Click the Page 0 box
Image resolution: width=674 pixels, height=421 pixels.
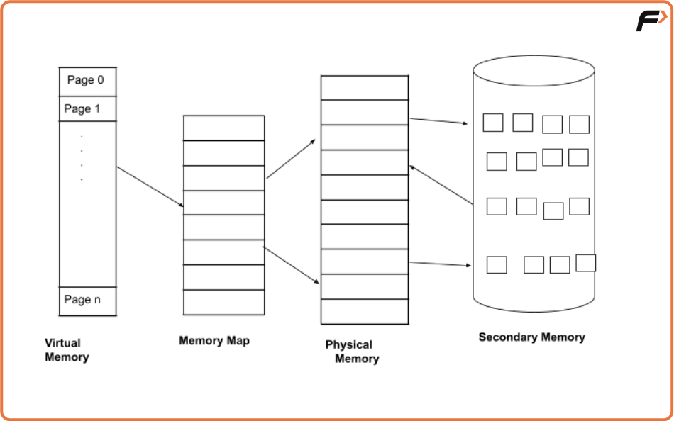tap(87, 81)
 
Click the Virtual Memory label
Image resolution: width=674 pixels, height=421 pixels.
tap(67, 350)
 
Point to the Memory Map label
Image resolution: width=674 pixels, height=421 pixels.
tap(214, 341)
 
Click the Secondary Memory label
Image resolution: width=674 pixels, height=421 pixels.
tap(531, 337)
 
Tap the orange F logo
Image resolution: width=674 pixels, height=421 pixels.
tap(651, 21)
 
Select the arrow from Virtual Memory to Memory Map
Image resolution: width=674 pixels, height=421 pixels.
tap(150, 187)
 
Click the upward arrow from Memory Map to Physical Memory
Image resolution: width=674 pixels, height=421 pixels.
tap(291, 159)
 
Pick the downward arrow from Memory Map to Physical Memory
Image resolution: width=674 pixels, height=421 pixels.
tap(291, 266)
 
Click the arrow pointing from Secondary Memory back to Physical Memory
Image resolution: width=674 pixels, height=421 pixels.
tap(441, 185)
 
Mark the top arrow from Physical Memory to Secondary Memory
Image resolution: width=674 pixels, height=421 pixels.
tap(439, 121)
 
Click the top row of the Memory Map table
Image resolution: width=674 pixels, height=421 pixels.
tap(223, 128)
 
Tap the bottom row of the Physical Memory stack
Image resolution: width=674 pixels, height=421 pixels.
tap(365, 311)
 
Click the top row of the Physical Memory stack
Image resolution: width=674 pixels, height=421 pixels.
tap(365, 88)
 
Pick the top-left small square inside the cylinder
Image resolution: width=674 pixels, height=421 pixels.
tap(493, 123)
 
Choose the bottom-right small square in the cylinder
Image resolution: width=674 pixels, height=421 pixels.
tap(585, 263)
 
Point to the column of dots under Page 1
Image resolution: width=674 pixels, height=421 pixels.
tap(82, 158)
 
